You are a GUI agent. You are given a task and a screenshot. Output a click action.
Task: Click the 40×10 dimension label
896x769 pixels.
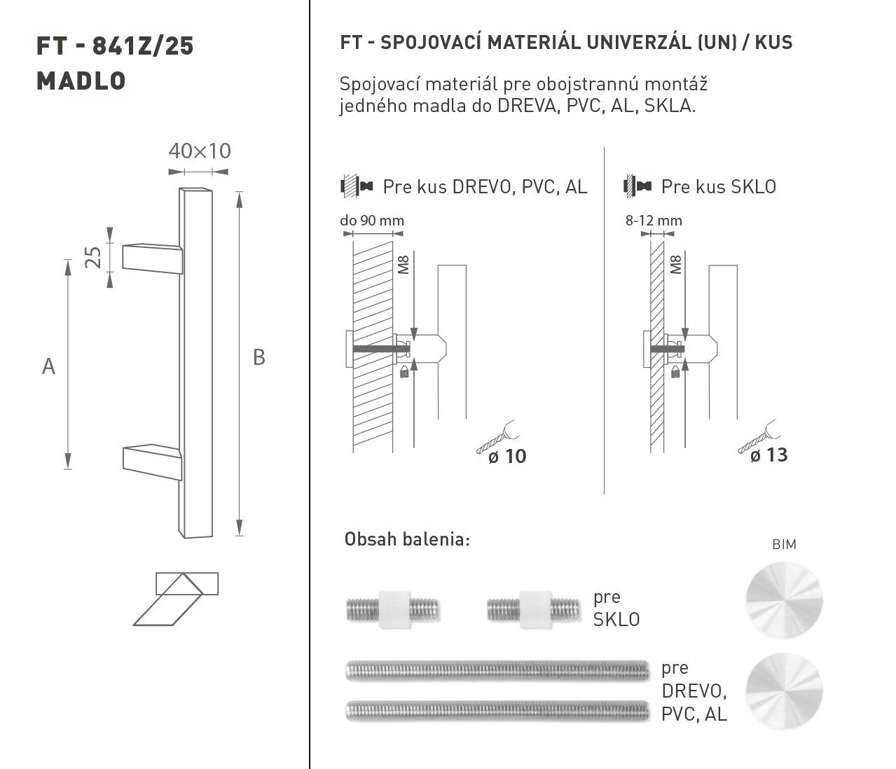coord(200,151)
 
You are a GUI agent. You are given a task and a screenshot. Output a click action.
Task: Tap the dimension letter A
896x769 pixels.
coord(48,366)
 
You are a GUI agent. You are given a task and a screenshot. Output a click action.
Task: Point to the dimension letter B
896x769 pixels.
coord(259,357)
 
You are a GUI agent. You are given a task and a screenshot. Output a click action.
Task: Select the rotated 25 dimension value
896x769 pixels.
coord(92,258)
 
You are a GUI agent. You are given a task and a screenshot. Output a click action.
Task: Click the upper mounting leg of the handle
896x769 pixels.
coord(152,259)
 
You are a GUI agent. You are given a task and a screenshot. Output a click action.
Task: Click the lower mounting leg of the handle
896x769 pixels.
coord(152,462)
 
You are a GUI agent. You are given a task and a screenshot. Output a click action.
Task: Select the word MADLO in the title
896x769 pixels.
coord(81,81)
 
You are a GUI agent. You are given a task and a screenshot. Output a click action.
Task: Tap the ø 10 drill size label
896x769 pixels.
coord(507,457)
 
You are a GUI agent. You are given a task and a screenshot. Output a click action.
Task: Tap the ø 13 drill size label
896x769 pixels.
coord(769,455)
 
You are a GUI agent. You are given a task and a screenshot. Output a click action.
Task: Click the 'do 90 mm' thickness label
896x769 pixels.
coord(372,221)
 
